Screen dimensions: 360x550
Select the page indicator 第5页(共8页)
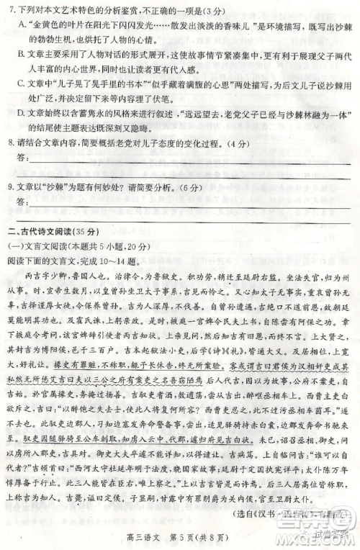click(x=198, y=536)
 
